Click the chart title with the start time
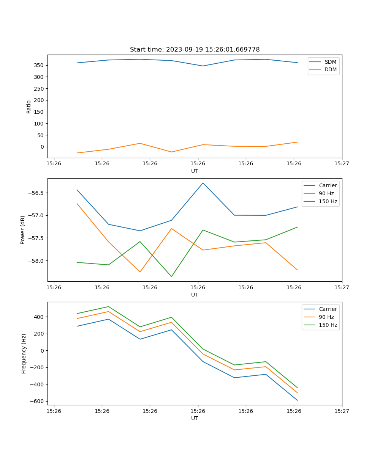click(195, 50)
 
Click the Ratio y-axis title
click(29, 107)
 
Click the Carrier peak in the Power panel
click(203, 183)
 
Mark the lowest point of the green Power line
click(171, 276)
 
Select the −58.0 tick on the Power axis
click(36, 261)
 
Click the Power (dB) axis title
click(23, 230)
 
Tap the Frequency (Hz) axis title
click(24, 353)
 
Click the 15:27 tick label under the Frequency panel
click(342, 411)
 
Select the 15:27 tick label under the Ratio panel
click(342, 163)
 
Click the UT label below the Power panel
click(195, 295)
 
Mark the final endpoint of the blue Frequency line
click(297, 400)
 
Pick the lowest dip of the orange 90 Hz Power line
click(140, 272)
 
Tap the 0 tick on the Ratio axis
click(43, 147)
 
